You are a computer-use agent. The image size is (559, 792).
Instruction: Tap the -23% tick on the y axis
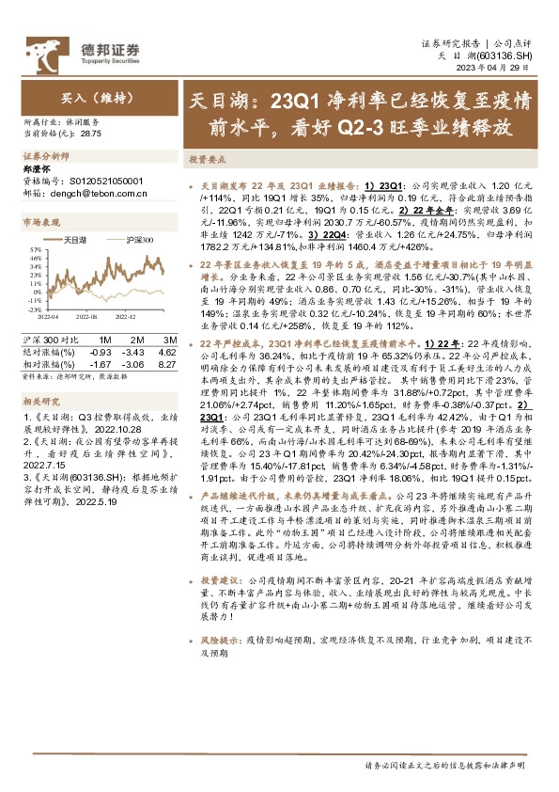tap(34, 309)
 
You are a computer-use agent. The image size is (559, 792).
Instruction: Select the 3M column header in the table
tap(170, 337)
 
